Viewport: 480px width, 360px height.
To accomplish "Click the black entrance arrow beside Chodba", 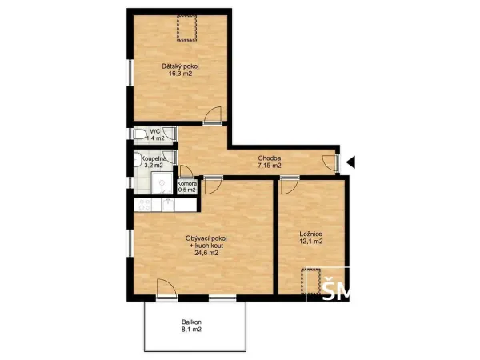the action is click(x=351, y=162).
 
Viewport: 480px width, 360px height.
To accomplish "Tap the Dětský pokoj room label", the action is click(x=181, y=66).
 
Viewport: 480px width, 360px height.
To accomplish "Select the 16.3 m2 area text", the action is click(x=180, y=74).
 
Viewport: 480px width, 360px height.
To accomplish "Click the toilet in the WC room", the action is click(x=139, y=134).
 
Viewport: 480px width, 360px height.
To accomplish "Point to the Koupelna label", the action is click(x=154, y=158).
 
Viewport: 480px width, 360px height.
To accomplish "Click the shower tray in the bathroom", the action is click(x=162, y=182).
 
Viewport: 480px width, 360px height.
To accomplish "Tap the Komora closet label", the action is click(x=187, y=184).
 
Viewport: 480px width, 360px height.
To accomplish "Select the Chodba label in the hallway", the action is click(x=270, y=158).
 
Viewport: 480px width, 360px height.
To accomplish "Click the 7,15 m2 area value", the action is click(x=270, y=166).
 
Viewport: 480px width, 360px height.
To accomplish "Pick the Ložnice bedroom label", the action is click(x=310, y=234).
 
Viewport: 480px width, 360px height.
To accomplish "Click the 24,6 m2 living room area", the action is click(x=206, y=253).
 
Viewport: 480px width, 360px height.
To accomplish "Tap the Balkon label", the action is click(x=191, y=322).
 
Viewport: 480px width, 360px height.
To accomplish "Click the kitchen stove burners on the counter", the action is click(x=144, y=205).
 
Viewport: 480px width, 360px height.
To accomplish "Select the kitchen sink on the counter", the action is click(x=168, y=205).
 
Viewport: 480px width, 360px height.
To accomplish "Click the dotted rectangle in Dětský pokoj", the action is click(x=186, y=28).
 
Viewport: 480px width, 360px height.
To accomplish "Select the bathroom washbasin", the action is click(x=137, y=159).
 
